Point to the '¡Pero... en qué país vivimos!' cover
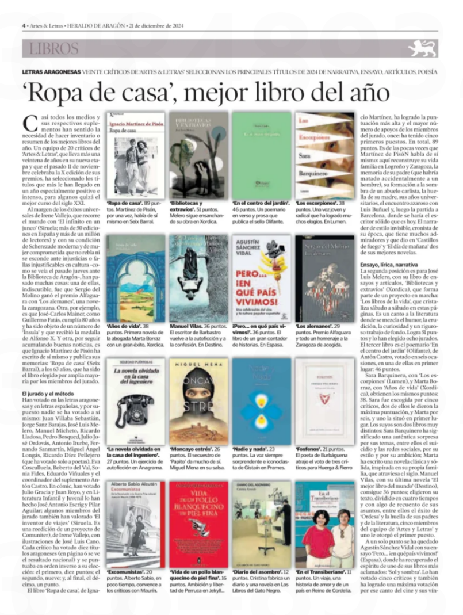[x=261, y=278]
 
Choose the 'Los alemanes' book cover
[x=323, y=278]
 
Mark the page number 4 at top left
[x=24, y=26]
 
